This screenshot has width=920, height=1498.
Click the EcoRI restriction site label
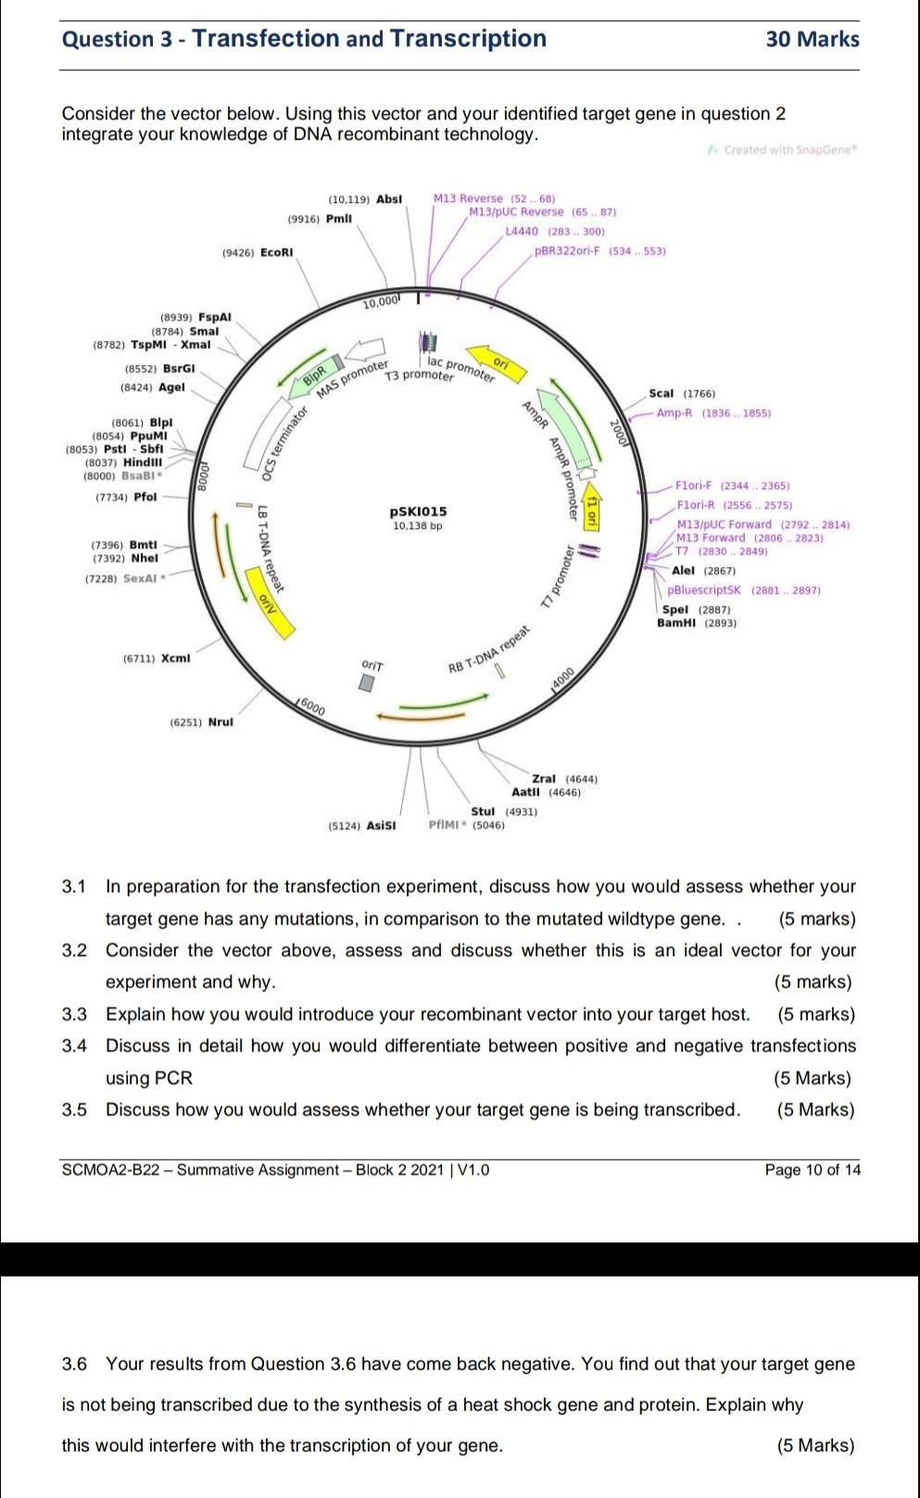(276, 253)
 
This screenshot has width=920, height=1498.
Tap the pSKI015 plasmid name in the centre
(418, 511)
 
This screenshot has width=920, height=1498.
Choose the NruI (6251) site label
(201, 722)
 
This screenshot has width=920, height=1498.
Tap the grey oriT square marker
(368, 683)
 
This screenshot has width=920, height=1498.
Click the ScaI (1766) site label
(681, 394)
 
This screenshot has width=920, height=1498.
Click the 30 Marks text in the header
(812, 39)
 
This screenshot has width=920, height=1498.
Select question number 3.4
(74, 1046)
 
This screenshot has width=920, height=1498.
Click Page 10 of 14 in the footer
(812, 1170)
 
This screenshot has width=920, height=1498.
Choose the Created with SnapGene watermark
(784, 149)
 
